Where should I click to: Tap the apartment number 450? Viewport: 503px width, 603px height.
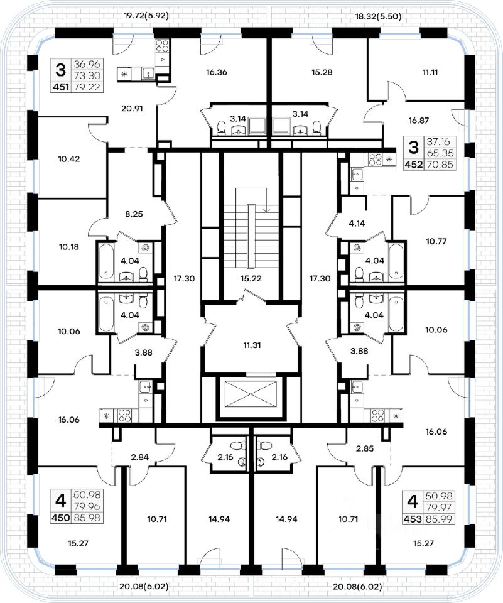[x=60, y=518]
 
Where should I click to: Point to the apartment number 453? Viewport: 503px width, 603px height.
[x=412, y=518]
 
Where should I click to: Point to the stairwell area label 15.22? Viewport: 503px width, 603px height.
[x=250, y=277]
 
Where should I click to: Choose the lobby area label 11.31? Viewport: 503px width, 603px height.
[x=250, y=344]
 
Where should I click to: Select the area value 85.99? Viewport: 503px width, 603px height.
[x=438, y=518]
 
